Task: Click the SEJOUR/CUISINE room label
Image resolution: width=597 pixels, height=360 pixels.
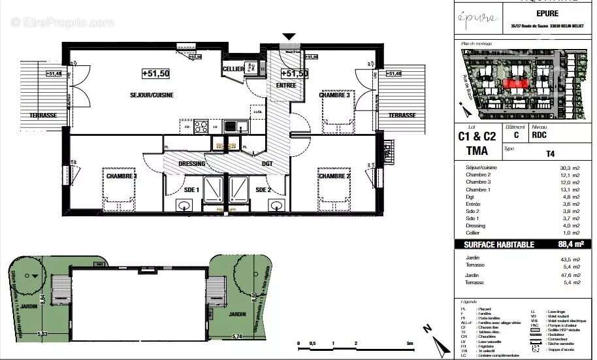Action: click(151, 95)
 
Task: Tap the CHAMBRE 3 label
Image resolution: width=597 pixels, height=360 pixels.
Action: click(334, 95)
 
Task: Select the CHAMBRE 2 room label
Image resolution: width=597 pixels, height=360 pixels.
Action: click(334, 176)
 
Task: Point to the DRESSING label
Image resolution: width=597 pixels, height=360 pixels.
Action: click(192, 164)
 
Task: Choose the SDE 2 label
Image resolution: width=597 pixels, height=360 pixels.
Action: click(263, 190)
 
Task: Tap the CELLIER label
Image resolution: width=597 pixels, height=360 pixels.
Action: click(233, 69)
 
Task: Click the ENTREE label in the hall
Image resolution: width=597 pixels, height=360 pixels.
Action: click(286, 85)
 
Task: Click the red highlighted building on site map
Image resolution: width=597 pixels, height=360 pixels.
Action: click(515, 83)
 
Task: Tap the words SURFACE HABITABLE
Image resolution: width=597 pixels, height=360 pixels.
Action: click(499, 244)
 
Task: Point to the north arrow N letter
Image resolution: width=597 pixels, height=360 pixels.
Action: click(426, 329)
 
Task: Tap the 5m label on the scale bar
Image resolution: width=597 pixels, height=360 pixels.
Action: click(410, 344)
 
